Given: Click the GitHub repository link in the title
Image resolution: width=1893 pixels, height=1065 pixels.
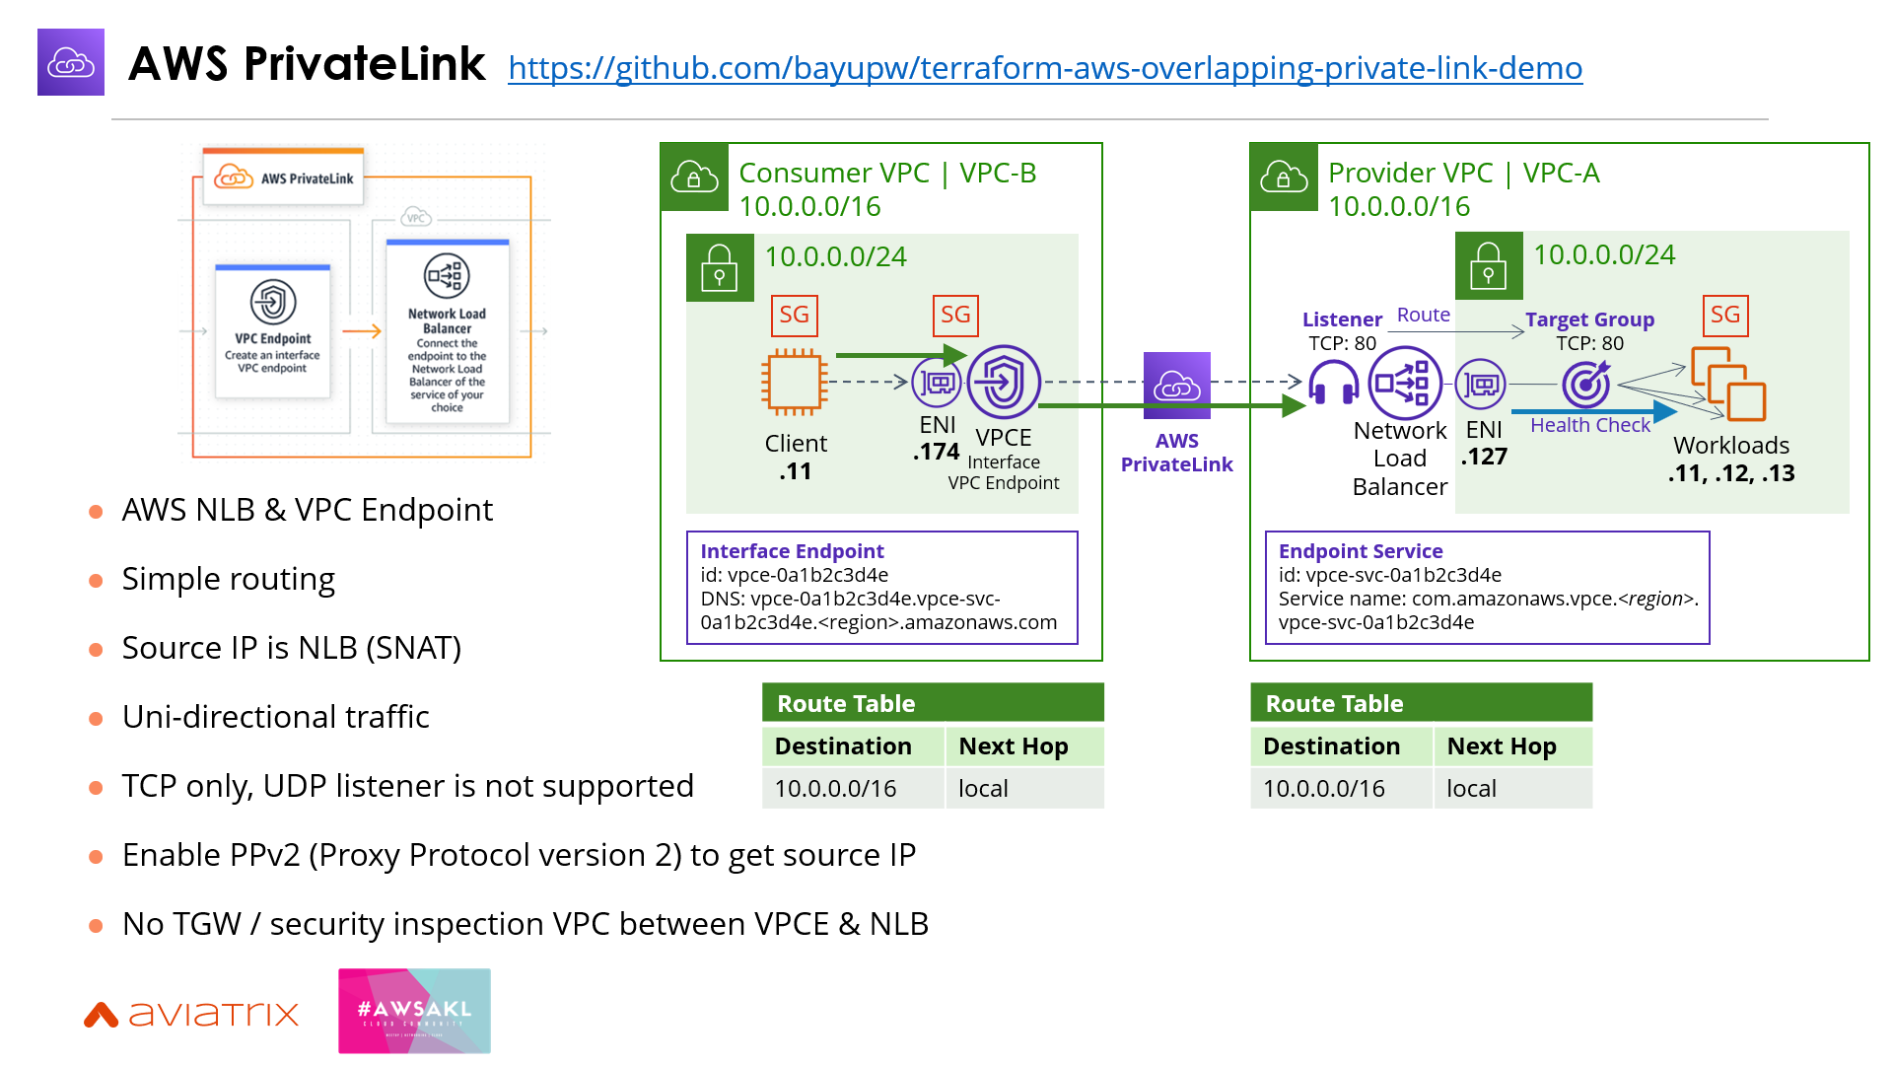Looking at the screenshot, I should [x=1045, y=68].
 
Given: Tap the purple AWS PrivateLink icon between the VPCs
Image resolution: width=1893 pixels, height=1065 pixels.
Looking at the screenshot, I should [x=1176, y=385].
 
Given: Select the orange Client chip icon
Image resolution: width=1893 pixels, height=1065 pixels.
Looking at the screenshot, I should [x=794, y=383].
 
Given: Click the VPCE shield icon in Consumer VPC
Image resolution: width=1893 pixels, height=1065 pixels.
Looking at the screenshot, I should [x=1004, y=382].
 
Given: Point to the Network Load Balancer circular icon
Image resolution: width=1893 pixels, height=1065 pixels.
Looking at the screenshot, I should [x=1405, y=383].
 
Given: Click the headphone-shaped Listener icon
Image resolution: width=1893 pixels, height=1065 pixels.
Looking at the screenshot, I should [x=1333, y=383].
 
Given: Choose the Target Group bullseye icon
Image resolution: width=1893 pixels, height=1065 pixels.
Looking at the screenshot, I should [x=1585, y=384].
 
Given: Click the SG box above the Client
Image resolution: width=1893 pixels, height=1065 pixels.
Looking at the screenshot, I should [x=794, y=316].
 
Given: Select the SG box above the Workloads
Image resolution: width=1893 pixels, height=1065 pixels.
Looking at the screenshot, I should [x=1724, y=316].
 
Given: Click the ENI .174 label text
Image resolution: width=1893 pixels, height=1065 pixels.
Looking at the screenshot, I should [x=937, y=439].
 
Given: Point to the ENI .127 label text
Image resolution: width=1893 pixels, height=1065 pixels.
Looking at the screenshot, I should [x=1484, y=443].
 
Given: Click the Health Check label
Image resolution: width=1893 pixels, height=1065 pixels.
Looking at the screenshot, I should [x=1589, y=425].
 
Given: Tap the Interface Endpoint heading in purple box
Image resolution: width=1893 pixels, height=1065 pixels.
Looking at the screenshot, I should [x=792, y=551].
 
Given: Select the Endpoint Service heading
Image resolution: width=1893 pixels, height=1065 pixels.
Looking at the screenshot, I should [x=1360, y=551].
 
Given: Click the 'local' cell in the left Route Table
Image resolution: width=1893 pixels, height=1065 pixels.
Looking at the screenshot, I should [x=983, y=789].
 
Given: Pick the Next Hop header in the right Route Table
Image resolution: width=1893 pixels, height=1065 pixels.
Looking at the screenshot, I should [x=1501, y=746].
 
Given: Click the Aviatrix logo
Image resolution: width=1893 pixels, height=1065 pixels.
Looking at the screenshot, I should [x=191, y=1014].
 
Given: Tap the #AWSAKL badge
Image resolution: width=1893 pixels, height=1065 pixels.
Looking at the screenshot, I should [x=414, y=1011].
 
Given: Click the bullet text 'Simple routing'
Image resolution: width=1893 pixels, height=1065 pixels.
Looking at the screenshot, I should [x=228, y=579].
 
